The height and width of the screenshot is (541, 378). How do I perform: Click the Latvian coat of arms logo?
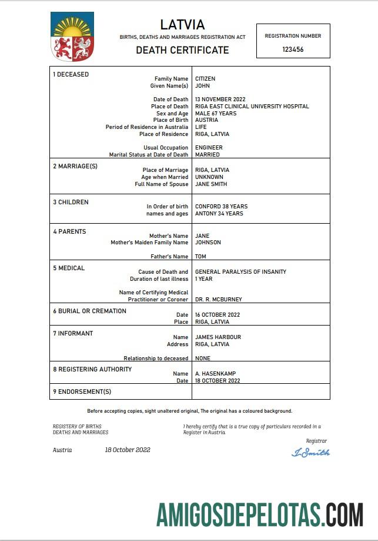[72, 38]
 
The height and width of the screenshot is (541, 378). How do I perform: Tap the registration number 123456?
[293, 50]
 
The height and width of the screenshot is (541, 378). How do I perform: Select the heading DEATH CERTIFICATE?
[182, 50]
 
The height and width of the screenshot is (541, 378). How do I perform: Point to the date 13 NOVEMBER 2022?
[220, 99]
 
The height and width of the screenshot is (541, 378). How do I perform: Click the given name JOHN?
[203, 86]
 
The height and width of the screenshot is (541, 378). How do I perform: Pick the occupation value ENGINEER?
[209, 148]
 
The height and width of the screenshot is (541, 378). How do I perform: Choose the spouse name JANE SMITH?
[211, 184]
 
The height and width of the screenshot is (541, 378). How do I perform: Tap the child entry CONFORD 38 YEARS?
[221, 207]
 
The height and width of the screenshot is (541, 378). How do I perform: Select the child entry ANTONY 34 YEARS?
[219, 214]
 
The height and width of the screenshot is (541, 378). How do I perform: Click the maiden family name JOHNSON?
[208, 243]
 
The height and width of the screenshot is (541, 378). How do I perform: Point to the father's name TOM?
[200, 257]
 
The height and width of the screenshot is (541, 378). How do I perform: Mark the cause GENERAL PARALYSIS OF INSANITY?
[240, 272]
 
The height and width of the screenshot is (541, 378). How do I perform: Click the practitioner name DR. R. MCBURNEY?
[218, 300]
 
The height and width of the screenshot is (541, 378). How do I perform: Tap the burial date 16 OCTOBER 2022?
[218, 315]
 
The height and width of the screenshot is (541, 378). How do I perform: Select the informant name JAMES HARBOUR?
[218, 337]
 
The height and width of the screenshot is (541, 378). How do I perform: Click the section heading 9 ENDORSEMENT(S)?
[82, 391]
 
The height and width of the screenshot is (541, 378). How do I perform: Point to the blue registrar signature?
[310, 453]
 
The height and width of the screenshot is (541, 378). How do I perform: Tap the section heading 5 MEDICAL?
[69, 268]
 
